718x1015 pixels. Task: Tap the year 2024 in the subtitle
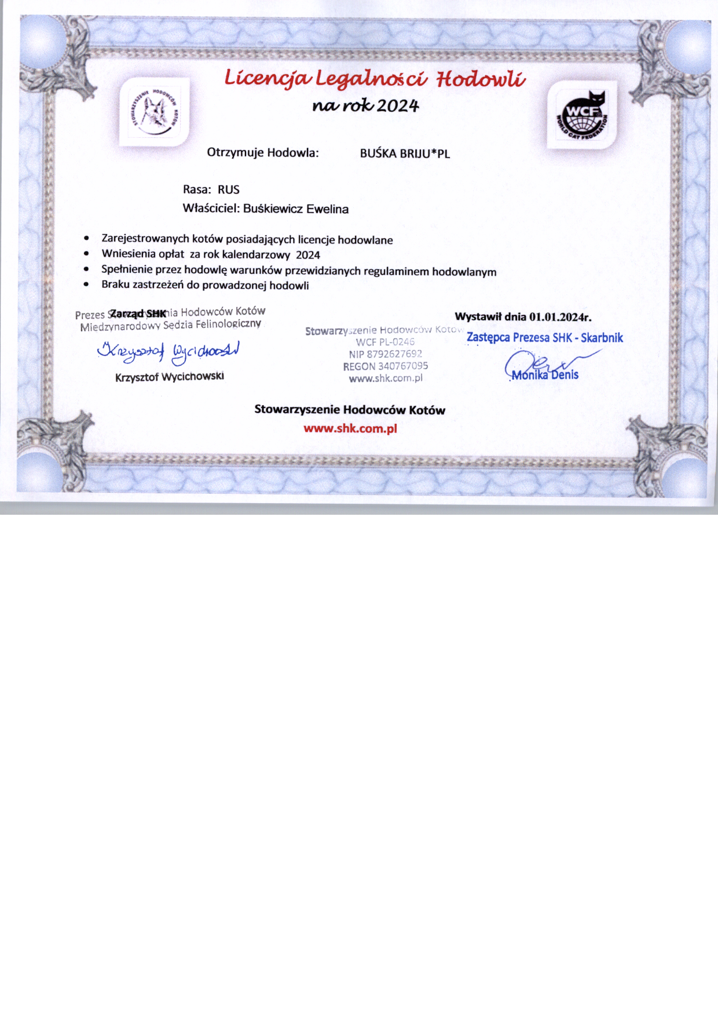(x=398, y=106)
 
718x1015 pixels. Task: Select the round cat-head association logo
(x=154, y=112)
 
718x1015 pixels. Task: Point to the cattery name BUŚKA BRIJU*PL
(x=405, y=153)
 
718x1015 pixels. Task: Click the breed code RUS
(x=229, y=190)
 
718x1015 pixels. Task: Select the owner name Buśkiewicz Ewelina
(x=296, y=209)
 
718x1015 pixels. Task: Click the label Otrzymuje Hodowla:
(x=263, y=153)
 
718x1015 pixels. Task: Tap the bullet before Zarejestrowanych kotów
(x=86, y=238)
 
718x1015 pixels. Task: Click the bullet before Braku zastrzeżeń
(x=86, y=284)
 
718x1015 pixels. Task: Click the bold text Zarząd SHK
(x=138, y=314)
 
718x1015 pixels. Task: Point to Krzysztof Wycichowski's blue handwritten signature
(x=168, y=351)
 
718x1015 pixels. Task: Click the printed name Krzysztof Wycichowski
(x=170, y=377)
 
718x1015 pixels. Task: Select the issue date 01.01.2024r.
(x=560, y=317)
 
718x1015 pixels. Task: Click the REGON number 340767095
(x=402, y=366)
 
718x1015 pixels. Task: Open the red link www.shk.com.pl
(x=350, y=429)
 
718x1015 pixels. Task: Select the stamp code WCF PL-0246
(x=385, y=342)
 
